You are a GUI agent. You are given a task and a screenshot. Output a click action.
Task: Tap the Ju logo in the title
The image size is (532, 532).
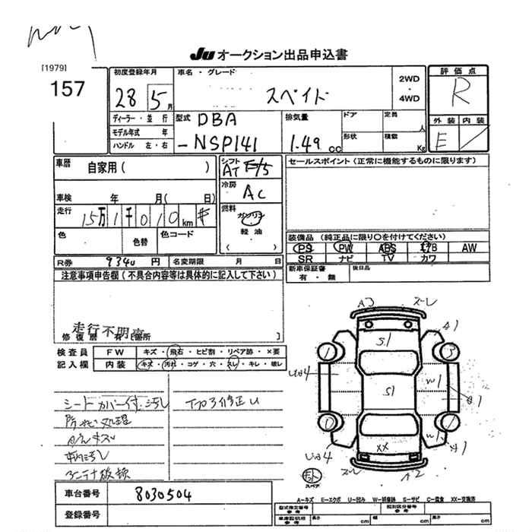pos(201,55)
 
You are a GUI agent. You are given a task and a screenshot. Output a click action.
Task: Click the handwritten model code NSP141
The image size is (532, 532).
pos(231,143)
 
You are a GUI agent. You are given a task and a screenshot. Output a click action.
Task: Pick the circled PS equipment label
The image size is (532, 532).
pos(305,248)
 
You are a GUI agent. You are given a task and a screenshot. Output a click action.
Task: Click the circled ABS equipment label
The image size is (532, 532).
pos(387,248)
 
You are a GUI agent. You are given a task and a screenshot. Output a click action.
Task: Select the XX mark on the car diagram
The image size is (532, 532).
pos(383,448)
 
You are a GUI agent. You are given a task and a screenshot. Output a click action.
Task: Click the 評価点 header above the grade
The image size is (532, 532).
pos(460,70)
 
